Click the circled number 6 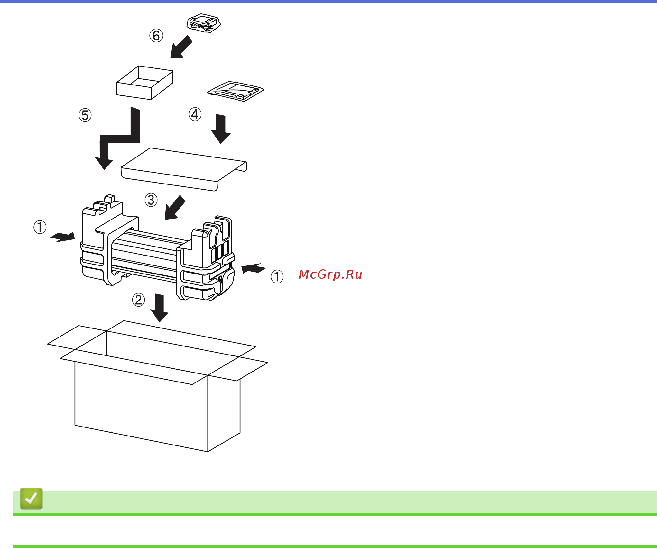[x=156, y=36]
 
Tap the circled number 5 [x=85, y=115]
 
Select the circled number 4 [x=195, y=114]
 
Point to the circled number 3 [x=151, y=200]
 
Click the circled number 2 [x=138, y=300]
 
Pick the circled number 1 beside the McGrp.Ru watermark [x=277, y=277]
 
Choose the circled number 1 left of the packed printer [x=40, y=227]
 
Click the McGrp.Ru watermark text [x=330, y=274]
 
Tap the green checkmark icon [x=31, y=499]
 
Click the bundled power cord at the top [x=204, y=23]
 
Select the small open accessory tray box [x=144, y=83]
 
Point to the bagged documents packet [x=236, y=91]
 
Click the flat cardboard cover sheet [x=183, y=169]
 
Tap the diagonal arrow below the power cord [x=180, y=48]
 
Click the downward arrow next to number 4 [x=221, y=129]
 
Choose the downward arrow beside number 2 [x=160, y=308]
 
